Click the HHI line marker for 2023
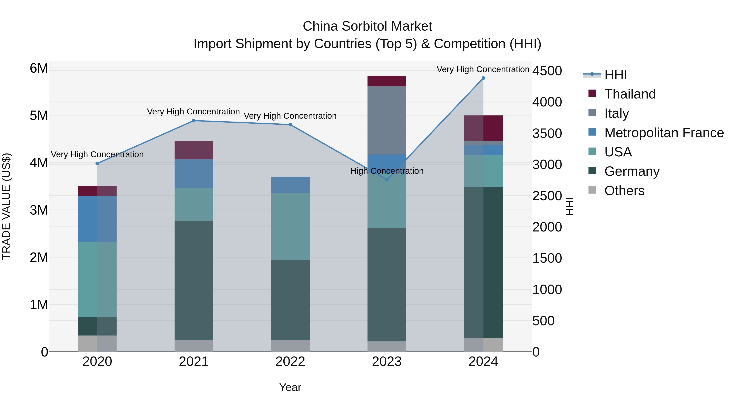[387, 179]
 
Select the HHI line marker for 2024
[483, 78]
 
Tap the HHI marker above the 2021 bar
[194, 121]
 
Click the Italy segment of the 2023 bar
[387, 120]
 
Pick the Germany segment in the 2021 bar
[194, 280]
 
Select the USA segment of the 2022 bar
[290, 227]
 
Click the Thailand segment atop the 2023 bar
[387, 81]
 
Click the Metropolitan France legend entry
[664, 133]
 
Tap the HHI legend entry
[615, 75]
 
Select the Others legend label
[624, 191]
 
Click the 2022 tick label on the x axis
[290, 362]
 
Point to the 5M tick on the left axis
[39, 116]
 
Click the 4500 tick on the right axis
[547, 71]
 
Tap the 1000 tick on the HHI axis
[547, 290]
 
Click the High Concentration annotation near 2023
[387, 171]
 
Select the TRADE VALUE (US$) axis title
[6, 206]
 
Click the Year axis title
[290, 387]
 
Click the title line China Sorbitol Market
[367, 26]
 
